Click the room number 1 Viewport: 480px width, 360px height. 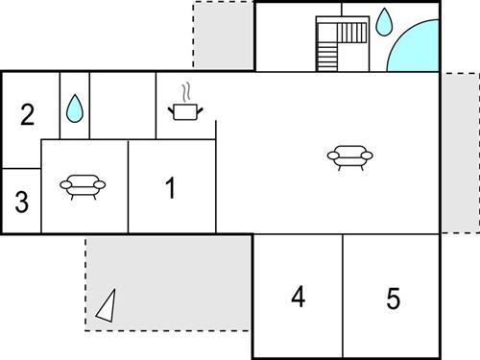[x=171, y=188]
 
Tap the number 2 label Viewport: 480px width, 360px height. [x=27, y=114]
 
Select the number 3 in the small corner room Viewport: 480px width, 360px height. [x=22, y=202]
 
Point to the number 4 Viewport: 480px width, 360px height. [x=299, y=297]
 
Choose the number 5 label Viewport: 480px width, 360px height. [x=394, y=299]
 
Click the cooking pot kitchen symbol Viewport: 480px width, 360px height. [x=185, y=111]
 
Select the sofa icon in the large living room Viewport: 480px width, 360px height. [x=350, y=157]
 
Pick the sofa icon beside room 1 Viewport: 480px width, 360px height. [x=83, y=187]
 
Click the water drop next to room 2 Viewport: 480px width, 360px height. [x=75, y=108]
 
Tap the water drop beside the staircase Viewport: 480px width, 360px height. [x=383, y=22]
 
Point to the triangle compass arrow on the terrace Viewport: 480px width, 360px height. [x=107, y=306]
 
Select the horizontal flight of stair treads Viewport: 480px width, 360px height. [x=351, y=33]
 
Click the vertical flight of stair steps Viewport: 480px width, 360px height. [x=327, y=57]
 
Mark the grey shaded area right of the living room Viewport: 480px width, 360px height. [x=461, y=153]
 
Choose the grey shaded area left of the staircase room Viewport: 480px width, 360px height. [x=224, y=36]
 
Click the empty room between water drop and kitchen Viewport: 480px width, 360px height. [x=123, y=106]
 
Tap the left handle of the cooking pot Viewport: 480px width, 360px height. [x=171, y=110]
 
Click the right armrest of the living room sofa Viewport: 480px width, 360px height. [x=367, y=156]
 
